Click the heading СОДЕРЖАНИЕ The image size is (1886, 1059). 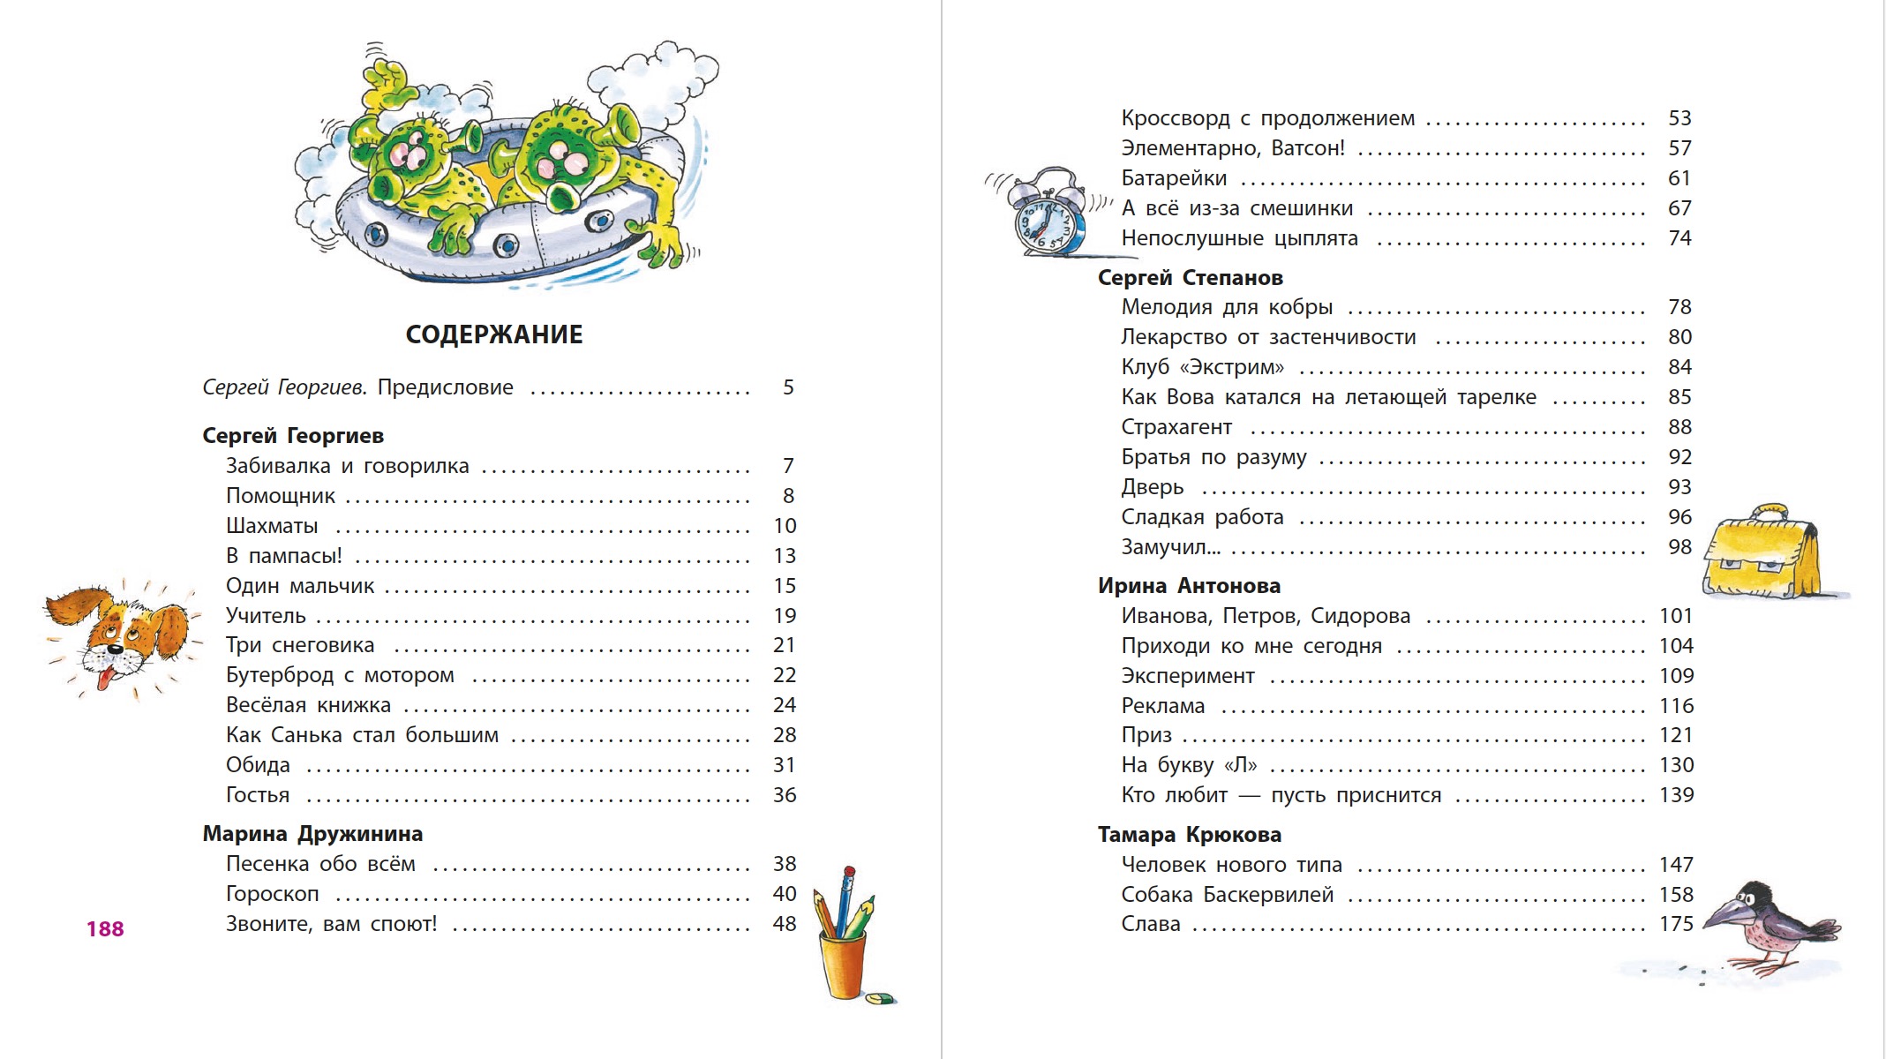[494, 334]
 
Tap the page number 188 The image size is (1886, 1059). [105, 928]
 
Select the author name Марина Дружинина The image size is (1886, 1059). [312, 834]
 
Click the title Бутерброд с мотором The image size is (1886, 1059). [340, 675]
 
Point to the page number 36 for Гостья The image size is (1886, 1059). [785, 795]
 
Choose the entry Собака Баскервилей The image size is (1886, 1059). [1227, 895]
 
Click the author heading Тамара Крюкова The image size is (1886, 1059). [1189, 835]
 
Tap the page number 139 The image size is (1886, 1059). [1676, 795]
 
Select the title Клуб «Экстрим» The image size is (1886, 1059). [1202, 367]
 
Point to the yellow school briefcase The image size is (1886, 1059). [1762, 556]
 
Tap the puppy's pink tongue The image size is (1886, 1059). [107, 678]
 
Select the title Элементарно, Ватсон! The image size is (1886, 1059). [1233, 148]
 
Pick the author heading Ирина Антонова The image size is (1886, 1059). [1189, 586]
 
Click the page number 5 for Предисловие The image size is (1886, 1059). [788, 387]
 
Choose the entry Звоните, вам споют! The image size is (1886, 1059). [331, 924]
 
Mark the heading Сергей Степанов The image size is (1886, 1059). [1190, 278]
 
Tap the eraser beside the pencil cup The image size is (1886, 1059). [880, 998]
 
